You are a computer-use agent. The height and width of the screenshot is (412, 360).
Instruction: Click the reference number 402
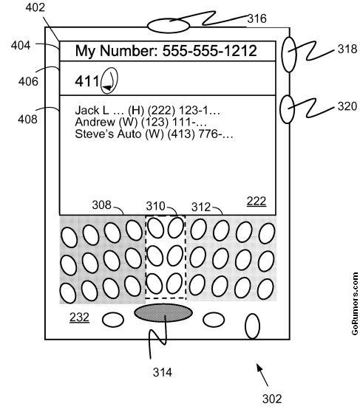point(35,7)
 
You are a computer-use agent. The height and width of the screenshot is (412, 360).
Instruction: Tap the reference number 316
point(257,18)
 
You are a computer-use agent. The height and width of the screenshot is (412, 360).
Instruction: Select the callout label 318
point(347,49)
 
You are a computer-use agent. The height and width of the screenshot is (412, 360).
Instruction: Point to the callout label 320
point(347,106)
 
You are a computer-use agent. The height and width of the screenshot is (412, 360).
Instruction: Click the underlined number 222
point(257,202)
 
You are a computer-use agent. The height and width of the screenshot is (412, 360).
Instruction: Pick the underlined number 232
point(80,317)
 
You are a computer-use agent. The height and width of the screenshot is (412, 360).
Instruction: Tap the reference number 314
point(163,372)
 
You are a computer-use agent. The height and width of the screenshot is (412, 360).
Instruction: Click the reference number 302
point(272,399)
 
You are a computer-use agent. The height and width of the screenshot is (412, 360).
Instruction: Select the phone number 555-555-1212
point(209,51)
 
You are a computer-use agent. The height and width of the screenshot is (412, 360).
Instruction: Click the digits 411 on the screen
point(87,81)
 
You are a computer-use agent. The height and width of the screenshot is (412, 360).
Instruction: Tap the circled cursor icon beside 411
point(109,80)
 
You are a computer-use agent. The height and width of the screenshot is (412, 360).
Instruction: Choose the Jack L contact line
point(148,110)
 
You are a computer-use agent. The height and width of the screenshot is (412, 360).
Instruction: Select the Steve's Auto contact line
point(154,134)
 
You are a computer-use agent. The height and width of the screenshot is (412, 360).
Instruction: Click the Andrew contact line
point(140,122)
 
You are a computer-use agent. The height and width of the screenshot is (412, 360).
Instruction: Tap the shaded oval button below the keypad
point(163,312)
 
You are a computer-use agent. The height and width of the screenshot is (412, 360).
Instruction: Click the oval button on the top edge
point(169,26)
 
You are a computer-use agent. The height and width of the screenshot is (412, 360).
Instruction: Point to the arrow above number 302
point(262,375)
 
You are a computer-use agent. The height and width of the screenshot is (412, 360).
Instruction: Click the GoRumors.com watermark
point(355,303)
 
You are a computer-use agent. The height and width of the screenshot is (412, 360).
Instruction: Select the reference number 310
point(155,206)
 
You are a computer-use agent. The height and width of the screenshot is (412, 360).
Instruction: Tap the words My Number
point(117,51)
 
